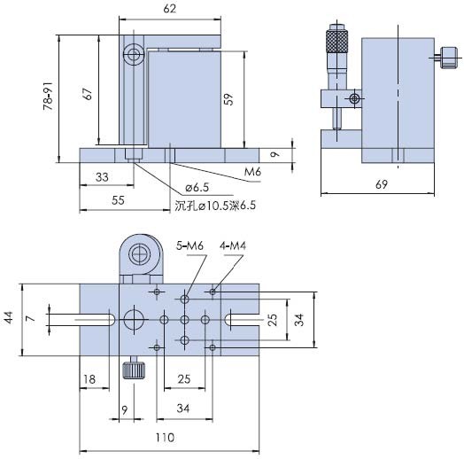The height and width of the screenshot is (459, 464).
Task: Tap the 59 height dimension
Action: point(229,100)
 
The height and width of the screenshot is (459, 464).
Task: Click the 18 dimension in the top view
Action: point(89,379)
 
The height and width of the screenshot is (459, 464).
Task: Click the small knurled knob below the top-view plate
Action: point(133,370)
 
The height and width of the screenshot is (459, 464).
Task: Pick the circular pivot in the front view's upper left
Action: point(133,57)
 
